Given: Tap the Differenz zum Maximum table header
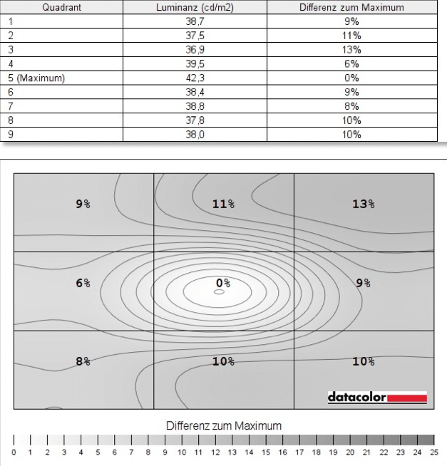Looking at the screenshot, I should click(x=351, y=7).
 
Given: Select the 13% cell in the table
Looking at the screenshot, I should click(x=351, y=50).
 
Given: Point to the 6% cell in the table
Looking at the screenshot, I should click(x=351, y=64).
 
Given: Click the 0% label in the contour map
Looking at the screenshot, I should click(x=223, y=283).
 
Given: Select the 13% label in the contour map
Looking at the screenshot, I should click(x=363, y=204).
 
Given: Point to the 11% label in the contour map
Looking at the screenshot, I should click(x=223, y=204).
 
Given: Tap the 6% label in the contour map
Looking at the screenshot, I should click(x=83, y=283).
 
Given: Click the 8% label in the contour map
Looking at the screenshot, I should click(x=83, y=361).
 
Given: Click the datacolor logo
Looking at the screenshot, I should click(x=376, y=396).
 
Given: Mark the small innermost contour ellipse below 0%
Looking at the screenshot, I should click(x=219, y=292).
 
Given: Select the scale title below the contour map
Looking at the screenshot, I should click(x=224, y=425).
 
